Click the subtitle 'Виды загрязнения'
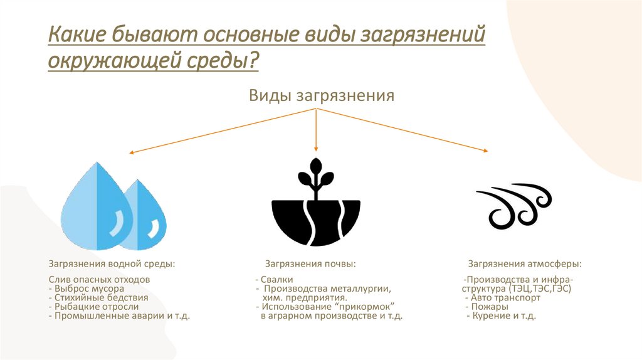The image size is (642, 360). click(x=321, y=96)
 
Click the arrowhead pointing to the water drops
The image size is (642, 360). click(x=132, y=152)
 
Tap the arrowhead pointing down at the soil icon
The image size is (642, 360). click(x=317, y=148)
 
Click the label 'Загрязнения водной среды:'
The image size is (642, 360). click(x=112, y=263)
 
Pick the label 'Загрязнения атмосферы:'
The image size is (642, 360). click(x=524, y=263)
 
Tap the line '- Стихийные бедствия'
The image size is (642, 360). click(x=98, y=298)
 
